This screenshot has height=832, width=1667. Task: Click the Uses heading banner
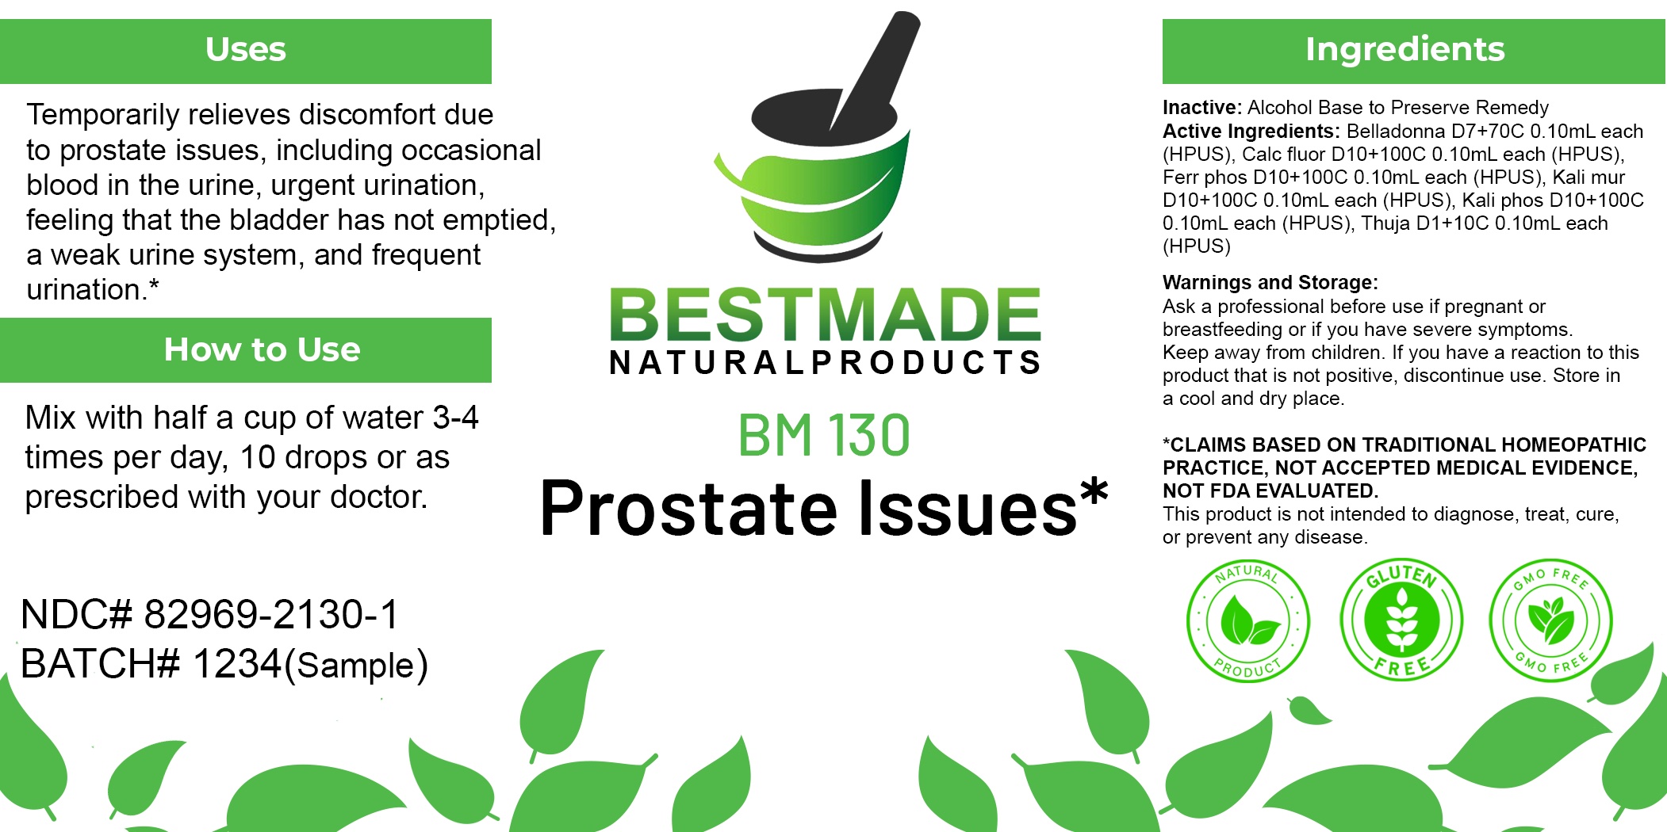pos(246,51)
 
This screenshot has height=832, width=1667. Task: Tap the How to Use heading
pos(262,349)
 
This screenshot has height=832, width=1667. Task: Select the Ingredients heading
pos(1405,49)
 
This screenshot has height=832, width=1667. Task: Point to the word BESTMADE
pos(825,315)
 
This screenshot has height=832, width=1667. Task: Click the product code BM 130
pos(824,435)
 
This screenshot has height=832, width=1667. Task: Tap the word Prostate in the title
pos(688,509)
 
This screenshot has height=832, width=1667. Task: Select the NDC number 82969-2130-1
pos(271,614)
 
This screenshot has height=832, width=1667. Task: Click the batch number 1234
pos(237,663)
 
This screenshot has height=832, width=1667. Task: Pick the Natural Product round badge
pos(1247,620)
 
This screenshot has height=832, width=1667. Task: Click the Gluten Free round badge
pos(1401,620)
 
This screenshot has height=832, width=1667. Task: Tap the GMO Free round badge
pos(1551,620)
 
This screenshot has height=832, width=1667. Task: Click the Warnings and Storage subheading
pos(1270,283)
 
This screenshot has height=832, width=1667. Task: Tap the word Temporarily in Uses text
pos(103,116)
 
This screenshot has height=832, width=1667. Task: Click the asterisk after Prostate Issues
pos(1094,493)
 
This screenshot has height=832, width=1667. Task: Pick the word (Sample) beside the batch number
pos(356,666)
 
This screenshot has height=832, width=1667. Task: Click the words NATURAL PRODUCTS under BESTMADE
pos(825,363)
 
